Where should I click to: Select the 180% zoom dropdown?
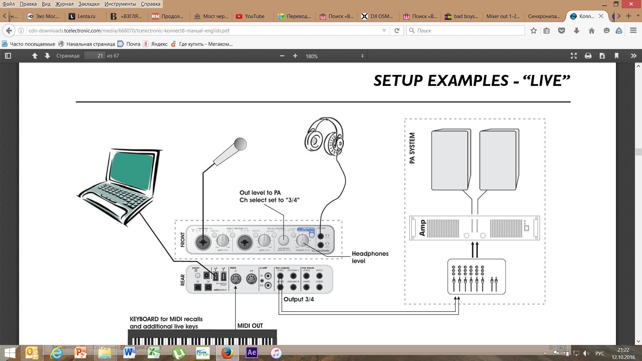pyautogui.click(x=334, y=56)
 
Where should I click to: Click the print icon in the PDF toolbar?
pyautogui.click(x=588, y=56)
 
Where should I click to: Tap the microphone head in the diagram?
pyautogui.click(x=240, y=144)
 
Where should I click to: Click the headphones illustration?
pyautogui.click(x=324, y=137)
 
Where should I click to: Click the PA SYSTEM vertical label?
pyautogui.click(x=412, y=148)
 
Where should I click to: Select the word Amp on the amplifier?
pyautogui.click(x=422, y=228)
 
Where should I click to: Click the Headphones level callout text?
pyautogui.click(x=370, y=257)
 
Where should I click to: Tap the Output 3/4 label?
pyautogui.click(x=299, y=299)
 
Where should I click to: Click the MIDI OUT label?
pyautogui.click(x=250, y=326)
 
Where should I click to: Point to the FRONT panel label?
pyautogui.click(x=183, y=240)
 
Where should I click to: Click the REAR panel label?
pyautogui.click(x=183, y=280)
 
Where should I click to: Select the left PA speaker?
pyautogui.click(x=450, y=160)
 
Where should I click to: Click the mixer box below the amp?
pyautogui.click(x=476, y=276)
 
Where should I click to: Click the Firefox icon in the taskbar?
pyautogui.click(x=227, y=353)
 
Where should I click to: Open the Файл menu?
pyautogui.click(x=9, y=4)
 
